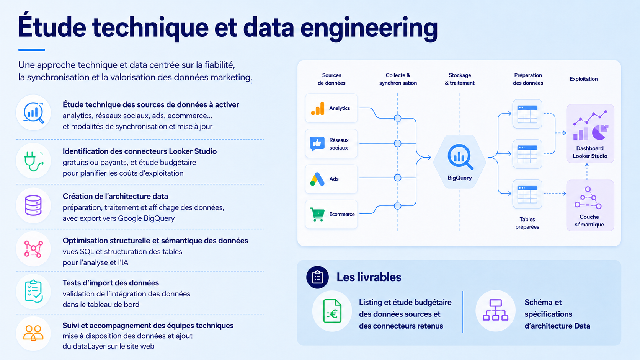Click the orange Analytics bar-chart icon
click(x=318, y=108)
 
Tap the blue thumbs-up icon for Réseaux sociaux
click(x=317, y=143)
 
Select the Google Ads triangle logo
click(x=317, y=179)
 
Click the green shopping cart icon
click(x=317, y=214)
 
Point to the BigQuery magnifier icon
click(x=460, y=157)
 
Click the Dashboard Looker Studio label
click(x=590, y=152)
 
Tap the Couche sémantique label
click(x=589, y=221)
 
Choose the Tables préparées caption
click(x=527, y=223)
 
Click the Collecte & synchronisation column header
click(x=398, y=79)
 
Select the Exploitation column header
click(x=583, y=79)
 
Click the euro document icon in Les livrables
click(x=332, y=311)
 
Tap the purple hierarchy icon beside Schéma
click(x=495, y=310)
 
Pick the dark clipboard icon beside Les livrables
click(x=317, y=277)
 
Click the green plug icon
click(x=33, y=161)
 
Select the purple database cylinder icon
click(x=33, y=205)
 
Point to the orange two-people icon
click(x=33, y=333)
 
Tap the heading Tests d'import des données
click(x=111, y=283)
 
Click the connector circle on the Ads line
click(x=397, y=178)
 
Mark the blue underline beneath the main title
click(x=32, y=50)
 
